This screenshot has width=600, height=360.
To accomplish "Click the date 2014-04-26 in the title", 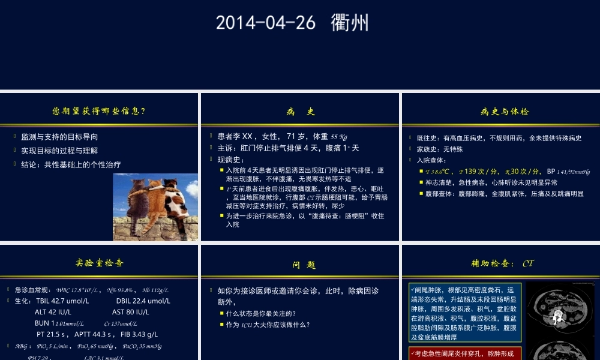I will [x=265, y=23].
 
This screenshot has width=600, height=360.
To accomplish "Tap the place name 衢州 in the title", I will [x=350, y=23].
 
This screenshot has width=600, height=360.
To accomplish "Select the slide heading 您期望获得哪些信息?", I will [x=99, y=111].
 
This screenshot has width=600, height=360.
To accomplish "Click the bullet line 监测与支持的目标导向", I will [x=59, y=137].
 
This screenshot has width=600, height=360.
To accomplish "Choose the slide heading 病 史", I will [x=300, y=112].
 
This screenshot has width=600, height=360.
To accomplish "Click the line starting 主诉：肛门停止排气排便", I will [x=288, y=148].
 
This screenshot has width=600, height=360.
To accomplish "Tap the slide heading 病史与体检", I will [x=505, y=112].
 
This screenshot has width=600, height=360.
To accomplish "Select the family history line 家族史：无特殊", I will [x=444, y=149].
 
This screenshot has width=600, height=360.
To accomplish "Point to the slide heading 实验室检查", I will [x=100, y=262].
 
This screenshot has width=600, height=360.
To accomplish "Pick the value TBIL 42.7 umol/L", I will [x=62, y=301].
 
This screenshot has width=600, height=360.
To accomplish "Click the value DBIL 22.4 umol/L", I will [x=143, y=301].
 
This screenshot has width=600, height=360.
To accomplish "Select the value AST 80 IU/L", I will [x=130, y=312].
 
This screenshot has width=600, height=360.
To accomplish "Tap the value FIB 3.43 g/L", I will [x=138, y=334].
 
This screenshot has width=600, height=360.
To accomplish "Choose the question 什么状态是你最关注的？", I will [x=261, y=313].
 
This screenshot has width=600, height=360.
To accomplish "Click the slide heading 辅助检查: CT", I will [x=502, y=263].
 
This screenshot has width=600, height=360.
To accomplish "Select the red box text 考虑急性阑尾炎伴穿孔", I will [x=465, y=354].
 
